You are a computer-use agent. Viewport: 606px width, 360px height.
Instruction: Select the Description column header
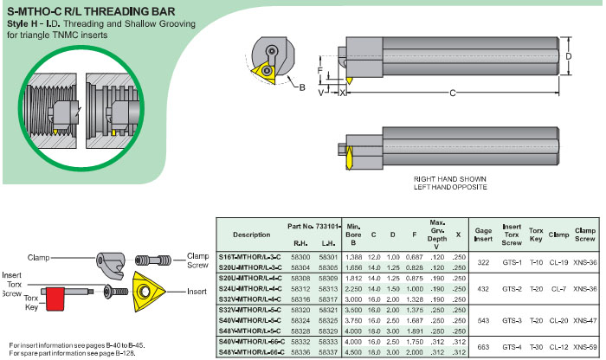(252, 235)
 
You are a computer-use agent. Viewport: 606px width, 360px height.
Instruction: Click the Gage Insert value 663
(482, 344)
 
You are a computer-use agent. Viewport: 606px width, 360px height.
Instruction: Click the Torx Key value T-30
(536, 344)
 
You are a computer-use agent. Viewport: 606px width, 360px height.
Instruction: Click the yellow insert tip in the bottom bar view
(350, 159)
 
